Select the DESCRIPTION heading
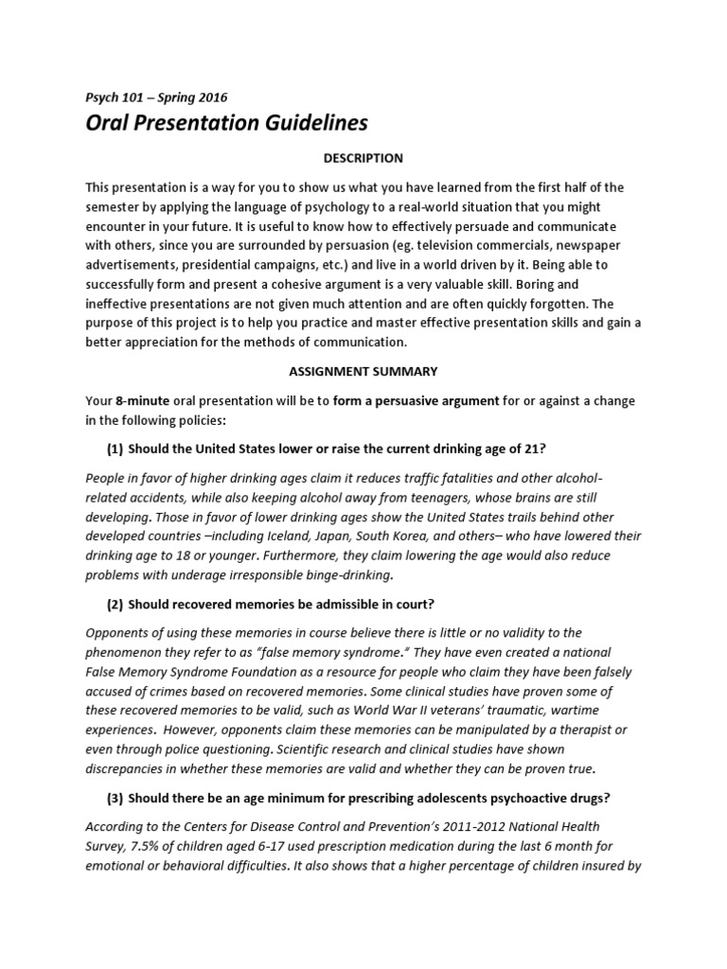coord(363,158)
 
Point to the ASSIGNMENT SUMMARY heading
coord(363,372)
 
